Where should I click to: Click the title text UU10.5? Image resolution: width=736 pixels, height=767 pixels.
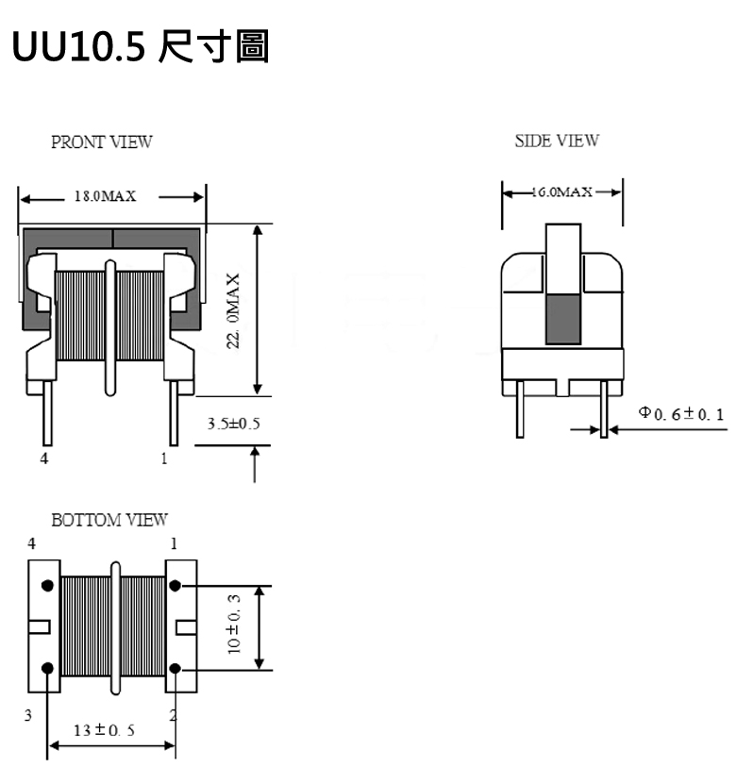[x=78, y=47]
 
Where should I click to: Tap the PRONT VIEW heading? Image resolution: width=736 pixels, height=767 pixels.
[x=102, y=142]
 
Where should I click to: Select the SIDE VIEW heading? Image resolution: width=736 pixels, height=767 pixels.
[x=557, y=141]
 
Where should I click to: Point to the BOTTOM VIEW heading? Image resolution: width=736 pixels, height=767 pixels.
[x=109, y=520]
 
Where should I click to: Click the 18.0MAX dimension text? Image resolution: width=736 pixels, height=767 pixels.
[x=105, y=196]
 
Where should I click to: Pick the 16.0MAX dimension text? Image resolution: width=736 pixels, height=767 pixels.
[x=561, y=192]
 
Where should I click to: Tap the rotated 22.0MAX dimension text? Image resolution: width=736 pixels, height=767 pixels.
[x=233, y=310]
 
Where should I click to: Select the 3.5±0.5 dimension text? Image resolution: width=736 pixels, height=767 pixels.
[x=233, y=424]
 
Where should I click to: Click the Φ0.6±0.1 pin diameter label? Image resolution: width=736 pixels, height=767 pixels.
[x=681, y=414]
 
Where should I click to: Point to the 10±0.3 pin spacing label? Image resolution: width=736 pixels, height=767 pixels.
[x=234, y=625]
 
